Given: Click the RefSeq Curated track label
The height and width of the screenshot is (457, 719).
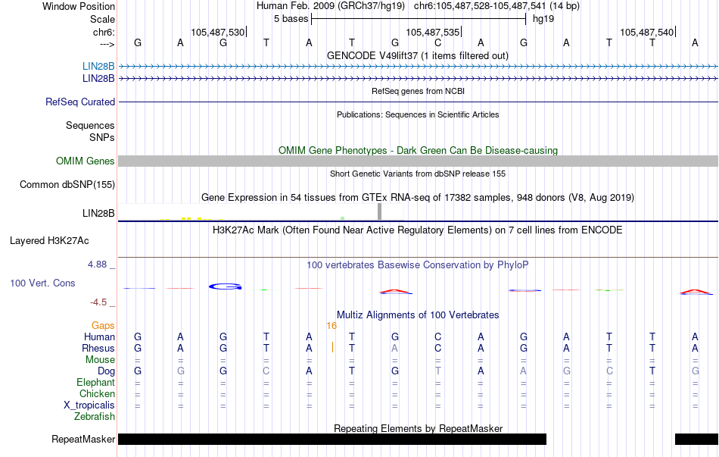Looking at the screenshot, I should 80,102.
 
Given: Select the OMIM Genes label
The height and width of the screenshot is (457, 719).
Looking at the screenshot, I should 86,161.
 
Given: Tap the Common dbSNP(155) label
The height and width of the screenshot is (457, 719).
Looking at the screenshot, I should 67,184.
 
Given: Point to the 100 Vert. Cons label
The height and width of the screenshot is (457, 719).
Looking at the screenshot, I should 42,283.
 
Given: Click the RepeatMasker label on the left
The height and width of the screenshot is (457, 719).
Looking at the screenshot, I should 83,439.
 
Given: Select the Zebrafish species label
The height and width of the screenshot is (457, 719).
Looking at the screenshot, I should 95,416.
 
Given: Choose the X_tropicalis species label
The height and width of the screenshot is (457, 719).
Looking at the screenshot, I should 89,405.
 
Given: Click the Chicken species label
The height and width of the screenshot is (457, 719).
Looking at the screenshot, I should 96,393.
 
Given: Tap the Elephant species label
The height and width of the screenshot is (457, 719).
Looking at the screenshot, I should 95,382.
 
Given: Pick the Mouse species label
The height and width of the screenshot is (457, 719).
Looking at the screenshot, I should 100,359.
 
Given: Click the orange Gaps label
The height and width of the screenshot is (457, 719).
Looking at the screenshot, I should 103,325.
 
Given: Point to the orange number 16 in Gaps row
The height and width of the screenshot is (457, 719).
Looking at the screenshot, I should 331,325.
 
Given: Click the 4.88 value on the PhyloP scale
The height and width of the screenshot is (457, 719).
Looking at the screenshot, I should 98,264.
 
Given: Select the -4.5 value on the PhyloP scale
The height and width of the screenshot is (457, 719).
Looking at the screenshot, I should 99,302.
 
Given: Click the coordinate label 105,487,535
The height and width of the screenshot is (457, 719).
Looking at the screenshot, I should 432,32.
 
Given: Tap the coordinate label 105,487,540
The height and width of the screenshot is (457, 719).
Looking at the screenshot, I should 646,32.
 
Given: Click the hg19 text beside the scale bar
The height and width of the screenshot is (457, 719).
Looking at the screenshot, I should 543,17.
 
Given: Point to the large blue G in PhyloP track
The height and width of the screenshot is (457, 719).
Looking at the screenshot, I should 225,286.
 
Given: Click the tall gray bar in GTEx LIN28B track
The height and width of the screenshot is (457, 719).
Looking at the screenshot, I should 380,211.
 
